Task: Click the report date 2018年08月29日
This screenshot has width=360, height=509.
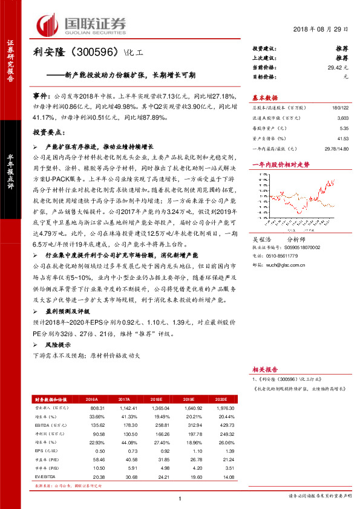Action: (x=321, y=30)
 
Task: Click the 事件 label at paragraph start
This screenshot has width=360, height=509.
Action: (x=42, y=96)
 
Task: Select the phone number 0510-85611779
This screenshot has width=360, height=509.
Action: (x=293, y=255)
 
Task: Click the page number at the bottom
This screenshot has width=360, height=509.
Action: (x=180, y=498)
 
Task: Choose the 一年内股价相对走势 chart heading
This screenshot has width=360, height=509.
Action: (x=281, y=164)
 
